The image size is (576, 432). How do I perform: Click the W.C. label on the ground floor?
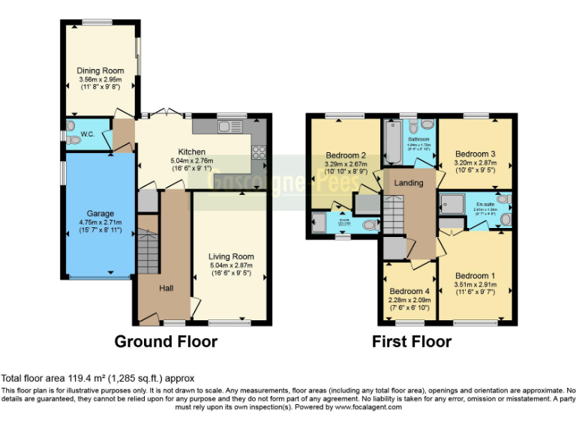pyautogui.click(x=88, y=136)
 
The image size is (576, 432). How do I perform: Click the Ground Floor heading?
pyautogui.click(x=166, y=342)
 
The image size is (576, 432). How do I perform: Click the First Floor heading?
pyautogui.click(x=412, y=342)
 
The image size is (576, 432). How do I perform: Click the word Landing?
pyautogui.click(x=409, y=183)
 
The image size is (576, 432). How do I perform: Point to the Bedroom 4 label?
pyautogui.click(x=409, y=292)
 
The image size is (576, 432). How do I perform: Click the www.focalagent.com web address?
pyautogui.click(x=368, y=407)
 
